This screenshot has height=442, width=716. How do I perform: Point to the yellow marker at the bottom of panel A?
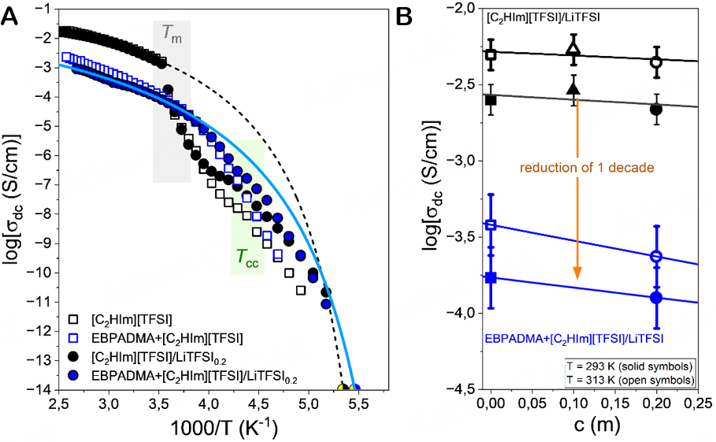coord(343,388)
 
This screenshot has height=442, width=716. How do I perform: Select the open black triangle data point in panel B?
coord(573,51)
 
